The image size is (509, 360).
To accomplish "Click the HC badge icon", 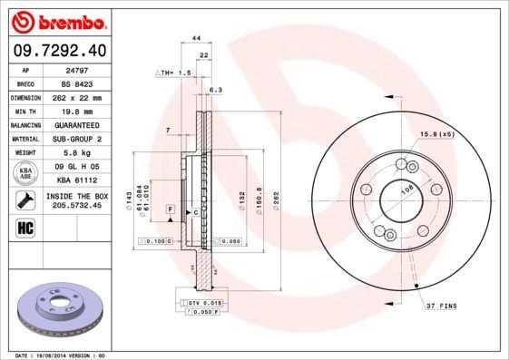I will [25, 227].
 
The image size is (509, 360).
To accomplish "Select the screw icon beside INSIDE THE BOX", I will [25, 200].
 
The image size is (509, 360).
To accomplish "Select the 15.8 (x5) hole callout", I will [436, 134].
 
